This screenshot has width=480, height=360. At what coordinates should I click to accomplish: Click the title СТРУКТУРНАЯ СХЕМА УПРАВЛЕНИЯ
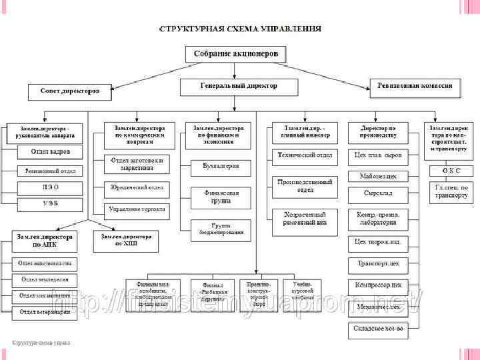pos(239,29)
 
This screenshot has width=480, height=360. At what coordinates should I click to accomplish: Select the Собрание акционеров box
pos(235,53)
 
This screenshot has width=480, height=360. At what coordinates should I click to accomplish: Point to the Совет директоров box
pos(69,90)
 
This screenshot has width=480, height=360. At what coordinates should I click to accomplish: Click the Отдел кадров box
pos(50,152)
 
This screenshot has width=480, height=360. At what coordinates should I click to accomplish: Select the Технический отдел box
pos(305,155)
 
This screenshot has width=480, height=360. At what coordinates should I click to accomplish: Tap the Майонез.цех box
pos(377,176)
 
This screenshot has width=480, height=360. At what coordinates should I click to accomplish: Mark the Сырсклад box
pos(377,193)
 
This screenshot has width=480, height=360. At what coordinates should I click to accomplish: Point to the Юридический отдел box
pos(136,187)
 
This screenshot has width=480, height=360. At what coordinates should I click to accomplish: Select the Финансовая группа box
pos(216,196)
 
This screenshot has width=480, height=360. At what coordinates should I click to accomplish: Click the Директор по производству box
pos(378,131)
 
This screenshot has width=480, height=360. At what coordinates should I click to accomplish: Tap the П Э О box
pos(50,187)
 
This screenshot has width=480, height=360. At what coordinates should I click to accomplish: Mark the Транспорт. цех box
pos(377,263)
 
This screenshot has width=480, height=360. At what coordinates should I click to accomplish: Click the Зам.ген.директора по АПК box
pos(45,240)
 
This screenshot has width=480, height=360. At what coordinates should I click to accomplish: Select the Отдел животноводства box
pos(45,263)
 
